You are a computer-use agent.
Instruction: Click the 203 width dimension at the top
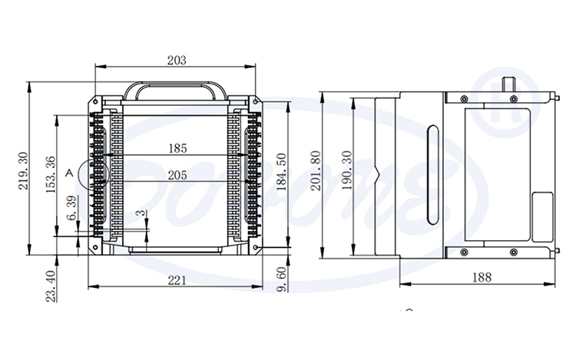tap(177, 60)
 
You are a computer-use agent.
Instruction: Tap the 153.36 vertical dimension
tap(51, 175)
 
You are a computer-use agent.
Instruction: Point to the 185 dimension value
tap(177, 147)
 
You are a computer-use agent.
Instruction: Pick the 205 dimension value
tap(177, 175)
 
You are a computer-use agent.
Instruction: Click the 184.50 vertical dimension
tap(281, 173)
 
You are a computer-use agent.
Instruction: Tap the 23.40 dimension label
tap(51, 286)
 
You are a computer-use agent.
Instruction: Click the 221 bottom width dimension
tap(177, 281)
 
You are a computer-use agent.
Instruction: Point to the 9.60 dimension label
tap(281, 279)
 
